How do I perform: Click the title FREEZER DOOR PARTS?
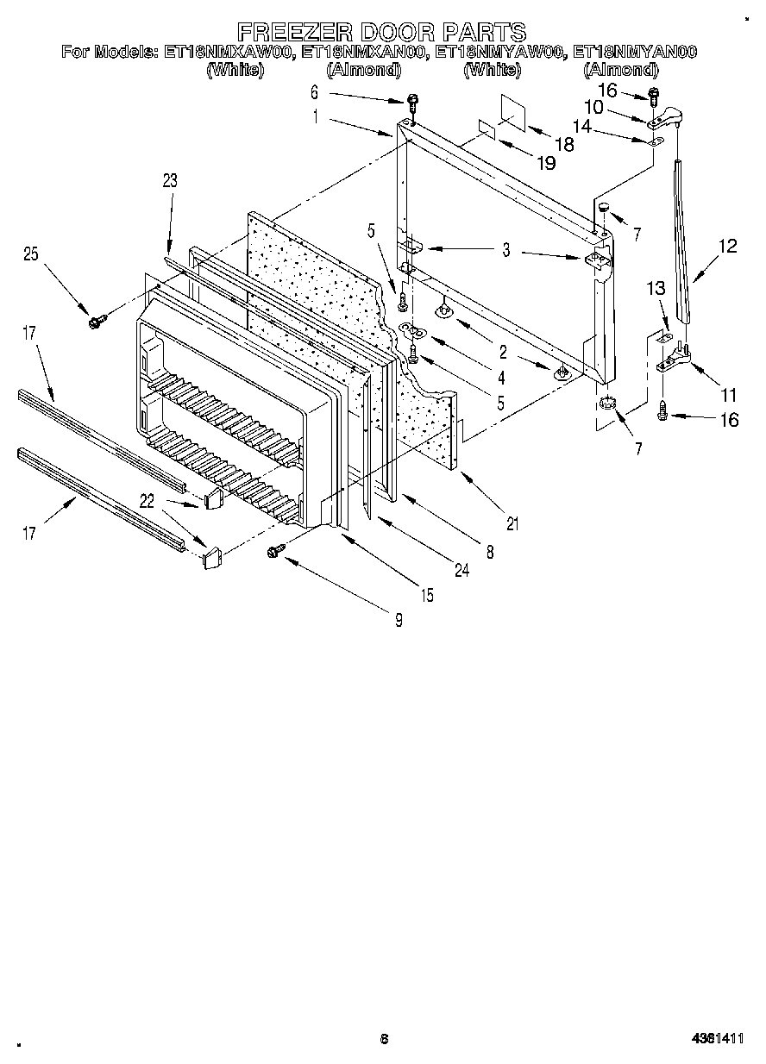click(382, 32)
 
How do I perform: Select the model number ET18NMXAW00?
click(229, 53)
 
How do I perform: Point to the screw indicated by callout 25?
click(94, 322)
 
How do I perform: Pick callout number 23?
click(169, 180)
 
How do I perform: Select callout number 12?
click(727, 246)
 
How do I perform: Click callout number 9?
click(399, 618)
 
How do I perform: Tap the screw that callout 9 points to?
click(278, 549)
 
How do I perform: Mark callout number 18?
click(563, 145)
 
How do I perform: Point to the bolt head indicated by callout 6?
click(412, 102)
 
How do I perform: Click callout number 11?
click(729, 396)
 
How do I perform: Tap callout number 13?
click(656, 290)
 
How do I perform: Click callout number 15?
click(428, 594)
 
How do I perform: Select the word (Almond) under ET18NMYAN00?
click(620, 70)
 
